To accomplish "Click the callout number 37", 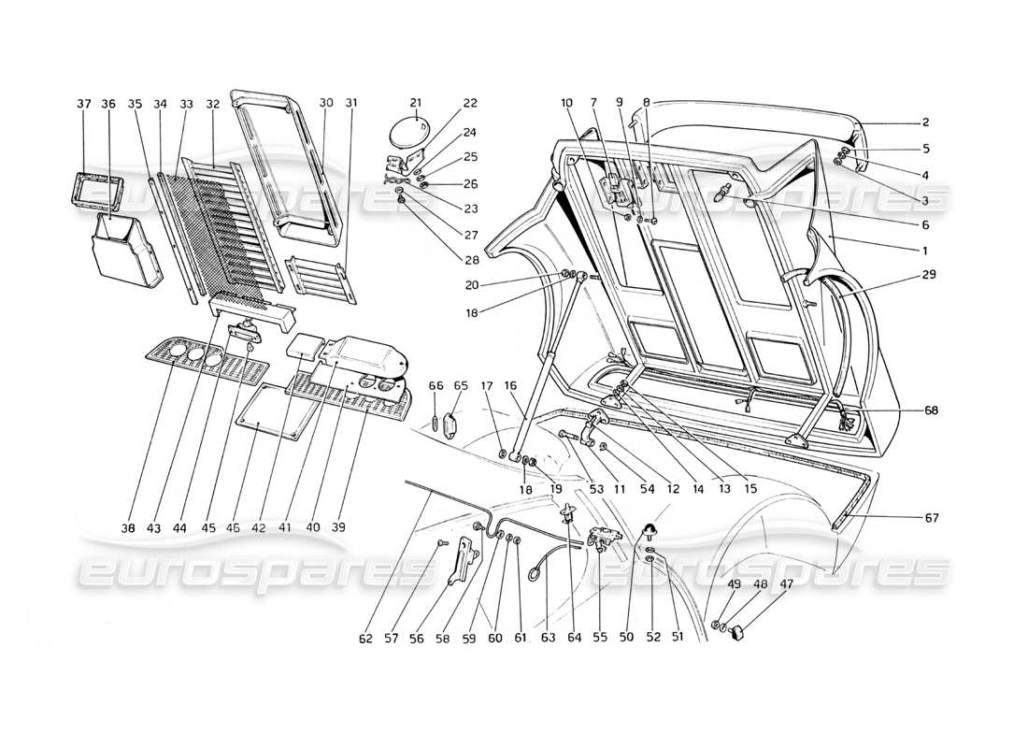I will pos(83,104).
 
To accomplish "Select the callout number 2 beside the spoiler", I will pos(925,122).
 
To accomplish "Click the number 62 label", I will pos(364,639).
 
